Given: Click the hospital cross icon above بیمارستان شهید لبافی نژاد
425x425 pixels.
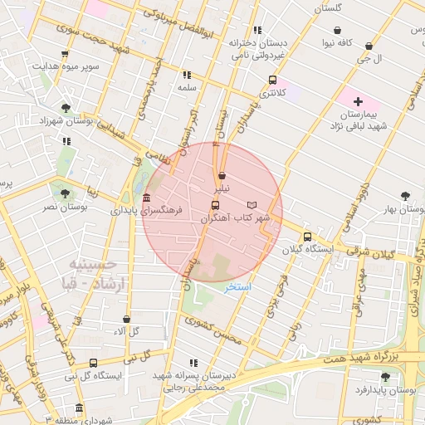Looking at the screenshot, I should [x=358, y=101].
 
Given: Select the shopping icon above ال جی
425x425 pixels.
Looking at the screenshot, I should [x=369, y=46].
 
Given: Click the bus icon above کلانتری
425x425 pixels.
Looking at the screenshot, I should [x=272, y=81].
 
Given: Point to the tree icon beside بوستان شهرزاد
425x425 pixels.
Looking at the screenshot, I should [x=65, y=107].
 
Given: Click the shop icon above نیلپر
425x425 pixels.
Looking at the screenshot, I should [x=222, y=176].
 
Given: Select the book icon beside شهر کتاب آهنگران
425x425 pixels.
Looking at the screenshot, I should [x=252, y=204].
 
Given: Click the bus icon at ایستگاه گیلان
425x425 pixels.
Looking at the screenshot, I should [x=307, y=236].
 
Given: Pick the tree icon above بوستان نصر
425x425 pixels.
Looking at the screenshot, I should [x=65, y=193].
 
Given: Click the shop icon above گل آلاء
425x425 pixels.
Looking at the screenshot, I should [x=126, y=318].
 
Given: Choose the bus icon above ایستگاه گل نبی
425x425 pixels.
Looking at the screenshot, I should [x=93, y=363].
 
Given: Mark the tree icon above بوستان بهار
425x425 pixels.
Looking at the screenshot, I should [x=405, y=196].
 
